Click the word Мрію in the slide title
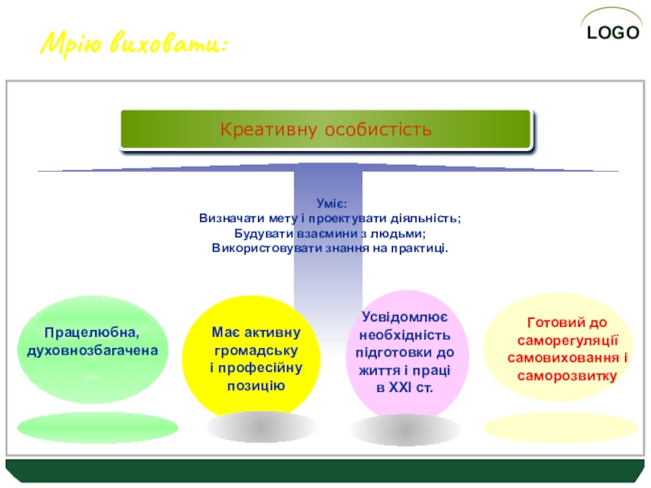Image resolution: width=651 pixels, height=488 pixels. tap(72, 41)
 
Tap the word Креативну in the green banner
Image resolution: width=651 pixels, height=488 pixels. tap(269, 130)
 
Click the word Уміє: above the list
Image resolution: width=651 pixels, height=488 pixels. tap(332, 205)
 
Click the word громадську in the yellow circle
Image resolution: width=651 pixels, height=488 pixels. tap(256, 351)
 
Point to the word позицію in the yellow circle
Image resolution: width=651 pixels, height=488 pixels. tap(256, 384)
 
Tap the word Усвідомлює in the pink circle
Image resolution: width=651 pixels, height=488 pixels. tap(404, 317)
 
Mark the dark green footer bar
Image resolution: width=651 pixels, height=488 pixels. tap(325, 470)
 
